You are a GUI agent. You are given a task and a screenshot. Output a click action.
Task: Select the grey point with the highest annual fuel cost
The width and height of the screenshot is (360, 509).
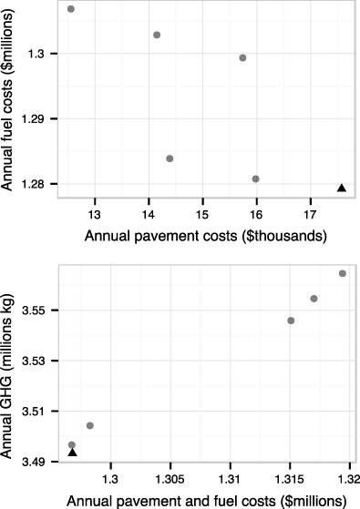[x=71, y=9]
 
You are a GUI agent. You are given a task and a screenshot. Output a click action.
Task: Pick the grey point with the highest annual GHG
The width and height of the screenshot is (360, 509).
[x=343, y=273]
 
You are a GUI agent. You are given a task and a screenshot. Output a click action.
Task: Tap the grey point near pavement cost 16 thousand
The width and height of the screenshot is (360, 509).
[x=255, y=178]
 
